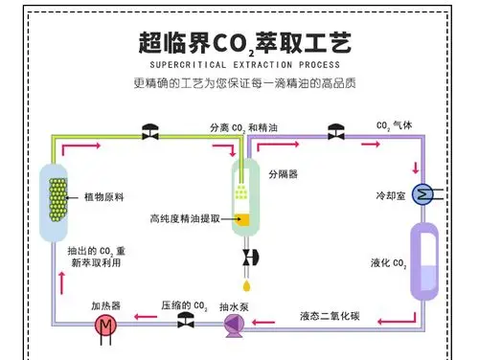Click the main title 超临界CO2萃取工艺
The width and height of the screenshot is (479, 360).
point(239,41)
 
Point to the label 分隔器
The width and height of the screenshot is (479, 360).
point(283,175)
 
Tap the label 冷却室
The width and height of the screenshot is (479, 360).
point(389,196)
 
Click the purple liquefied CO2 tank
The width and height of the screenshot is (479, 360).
point(422,259)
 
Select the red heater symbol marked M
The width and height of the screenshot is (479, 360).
point(103,326)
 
